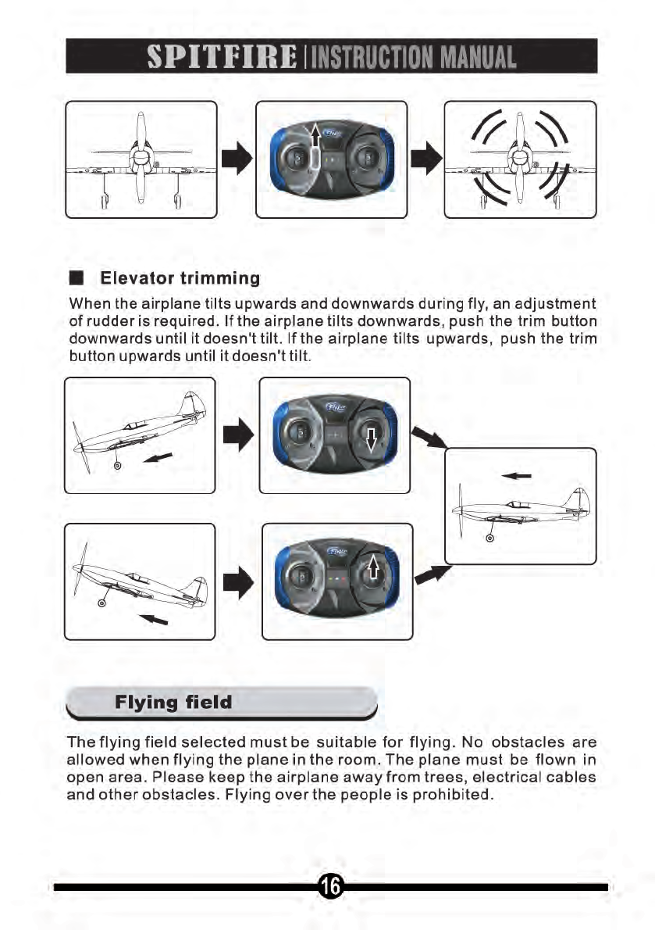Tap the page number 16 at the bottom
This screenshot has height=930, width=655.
pyautogui.click(x=329, y=886)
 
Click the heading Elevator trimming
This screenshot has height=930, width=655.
pyautogui.click(x=178, y=279)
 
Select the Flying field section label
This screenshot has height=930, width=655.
pyautogui.click(x=173, y=702)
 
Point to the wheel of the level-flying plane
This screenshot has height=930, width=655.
pyautogui.click(x=491, y=536)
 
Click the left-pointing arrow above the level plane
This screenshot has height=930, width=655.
pyautogui.click(x=519, y=474)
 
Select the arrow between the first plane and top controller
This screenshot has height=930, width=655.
pyautogui.click(x=237, y=159)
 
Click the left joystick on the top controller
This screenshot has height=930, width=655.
pyautogui.click(x=296, y=157)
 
